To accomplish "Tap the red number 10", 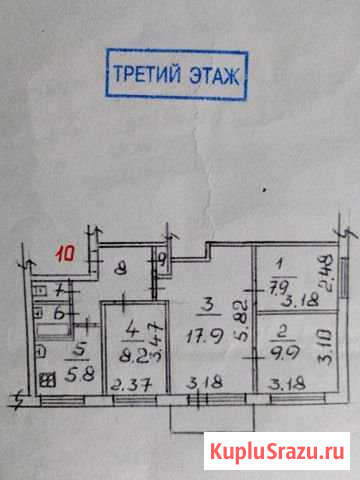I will coord(66,255).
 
